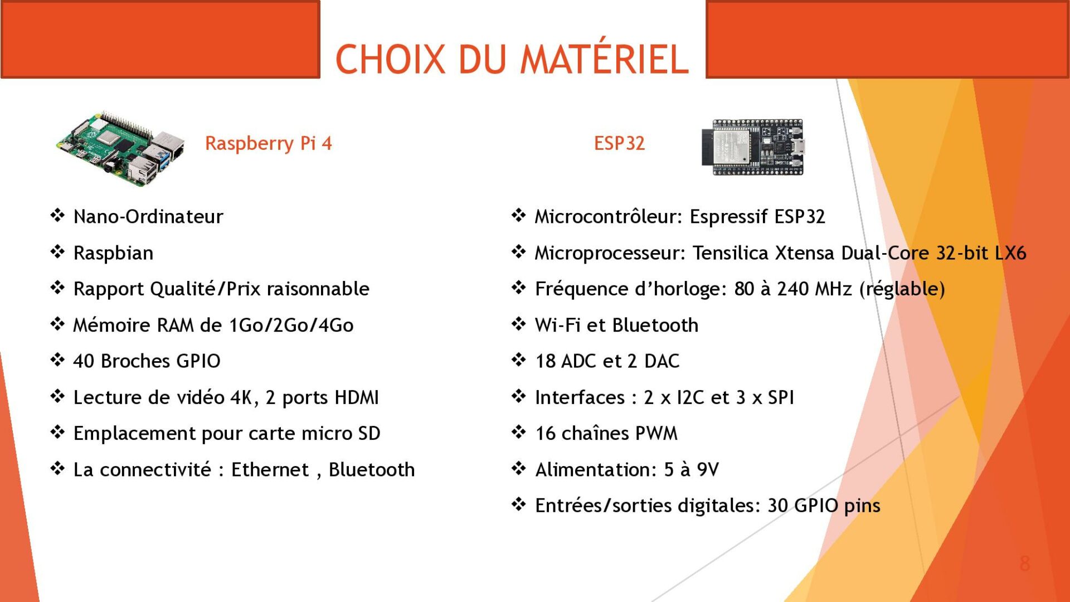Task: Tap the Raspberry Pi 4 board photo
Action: coord(120,148)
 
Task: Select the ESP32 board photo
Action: coord(753,147)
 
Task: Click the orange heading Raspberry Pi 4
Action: coord(268,144)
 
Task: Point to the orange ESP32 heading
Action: coord(619,143)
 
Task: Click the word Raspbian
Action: coord(113,253)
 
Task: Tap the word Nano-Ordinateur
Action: coord(148,216)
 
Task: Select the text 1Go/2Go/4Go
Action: coord(291,325)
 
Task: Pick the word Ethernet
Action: coord(270,469)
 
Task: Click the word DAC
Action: coord(662,361)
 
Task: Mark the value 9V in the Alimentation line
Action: coord(708,469)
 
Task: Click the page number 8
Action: coord(1025,564)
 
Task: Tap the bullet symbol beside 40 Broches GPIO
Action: coord(57,360)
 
